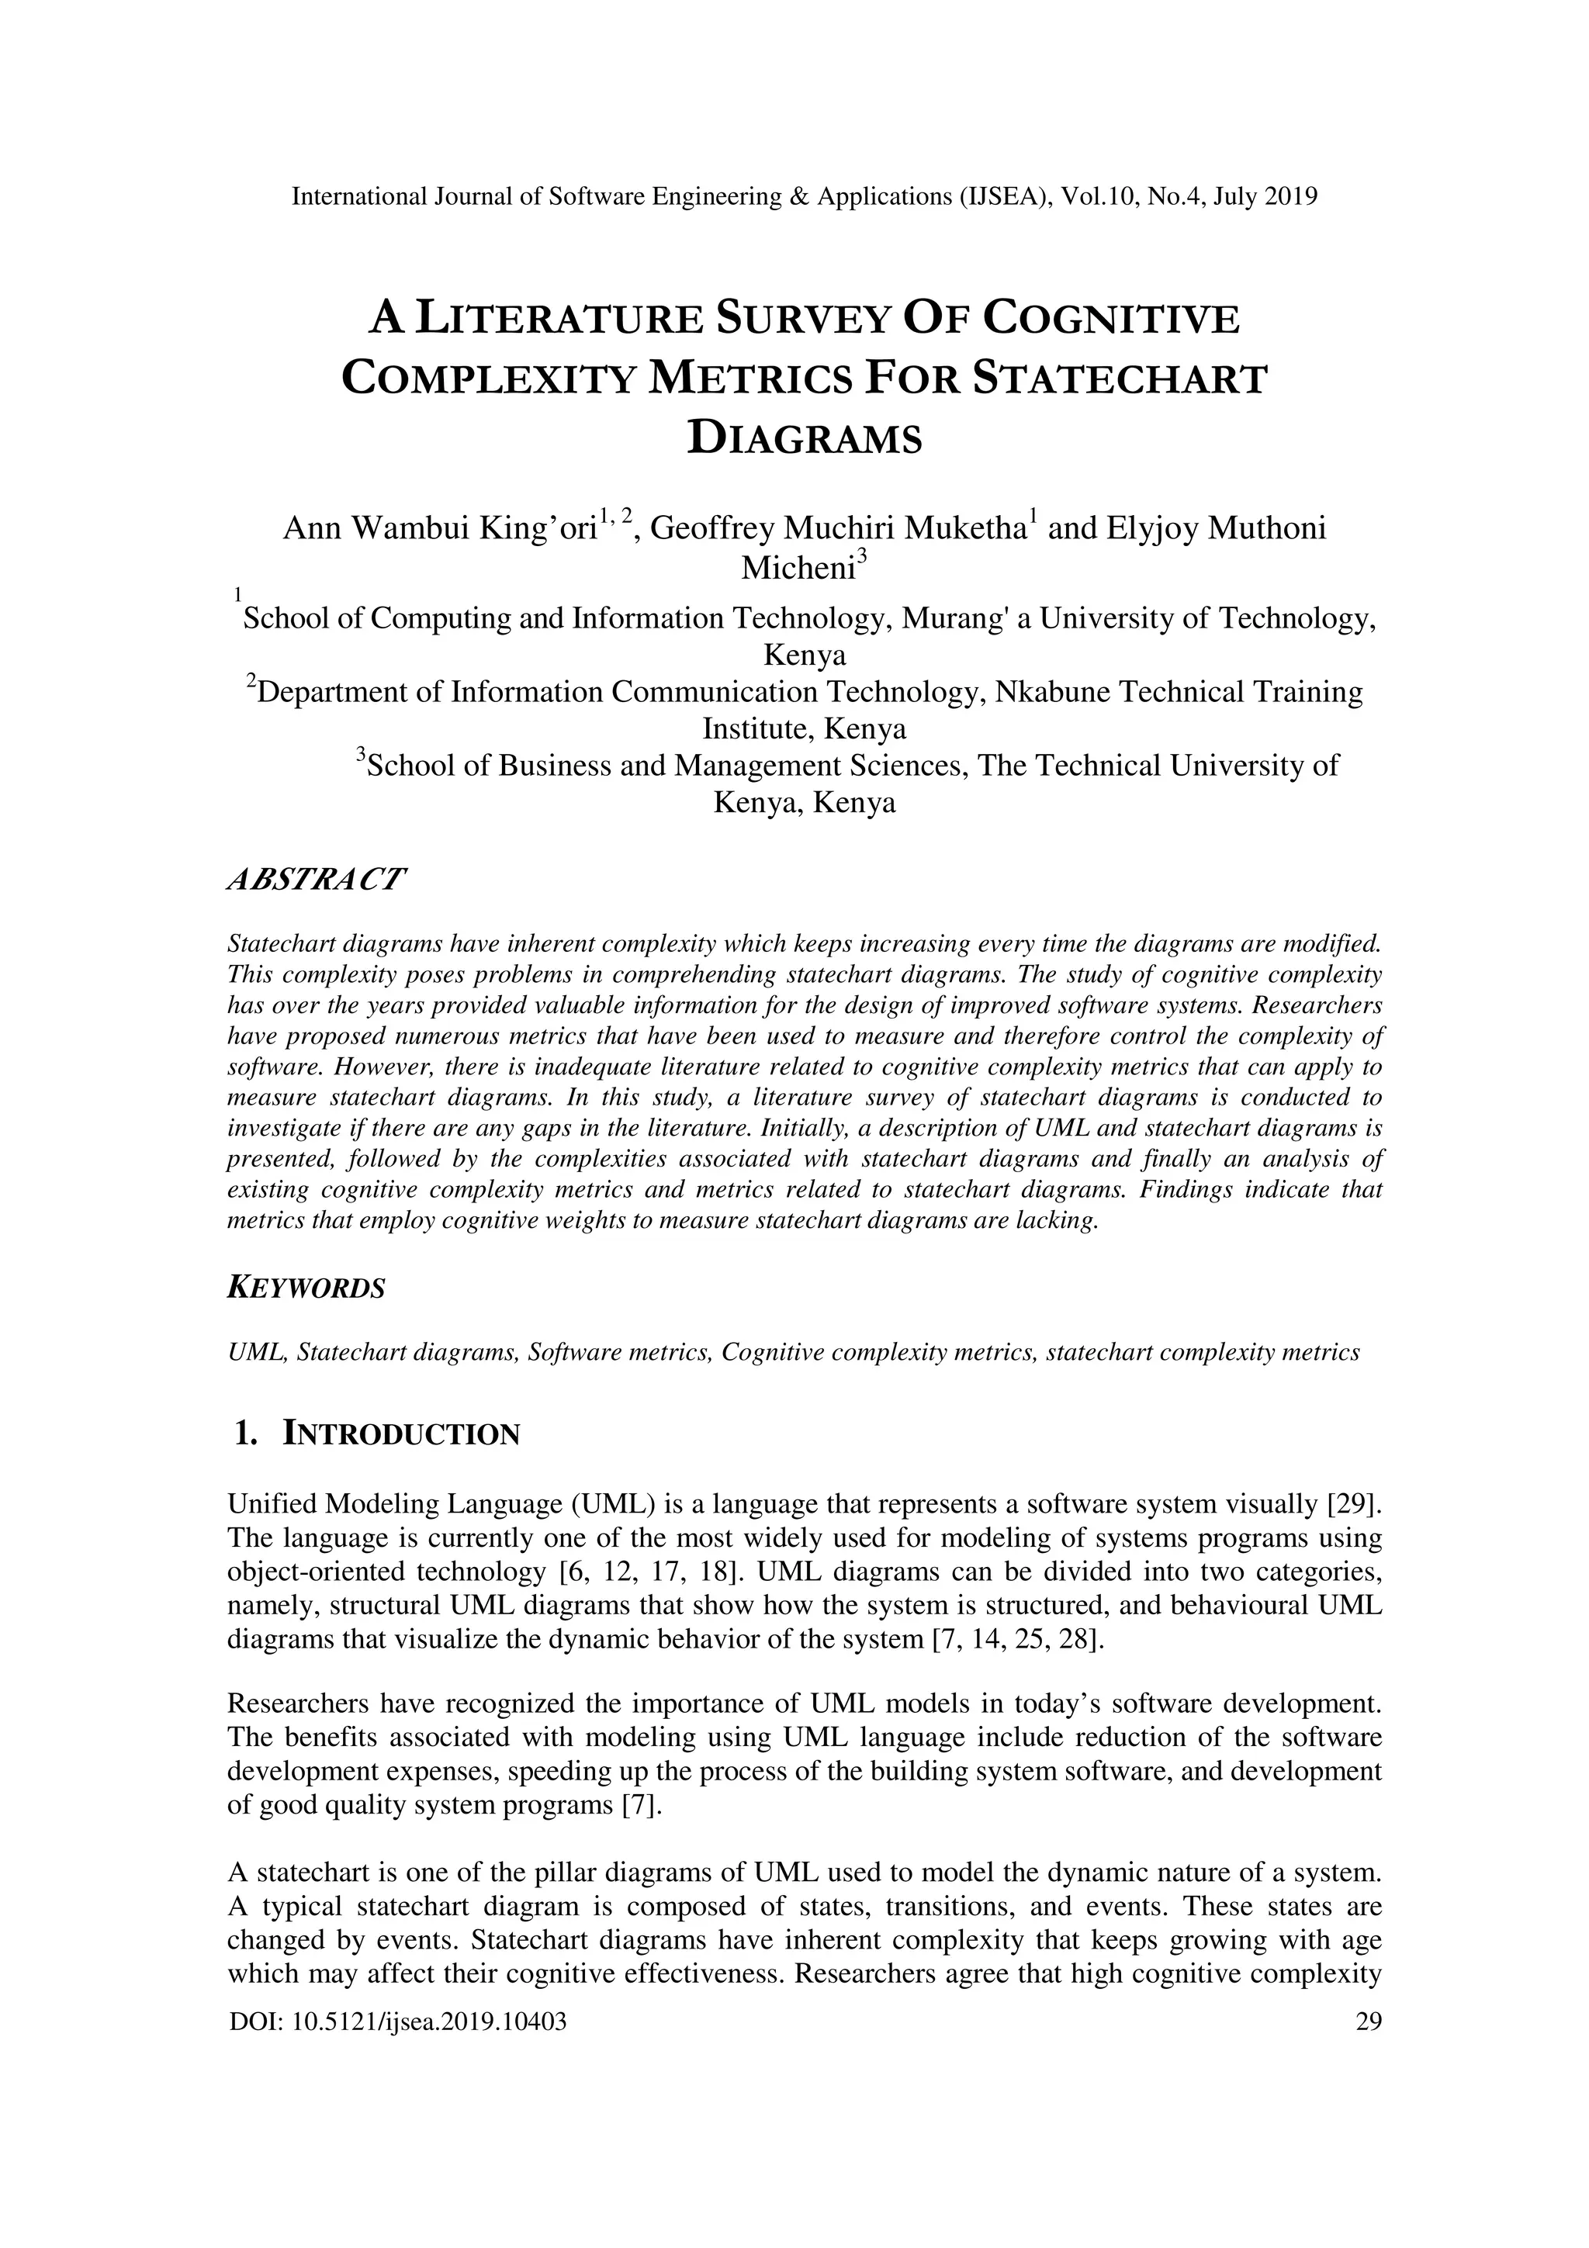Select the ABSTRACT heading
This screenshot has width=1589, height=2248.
(315, 878)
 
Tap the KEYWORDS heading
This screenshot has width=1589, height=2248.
(306, 1288)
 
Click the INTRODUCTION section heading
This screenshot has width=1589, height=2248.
(400, 1434)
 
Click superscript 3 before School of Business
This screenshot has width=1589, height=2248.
(360, 755)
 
